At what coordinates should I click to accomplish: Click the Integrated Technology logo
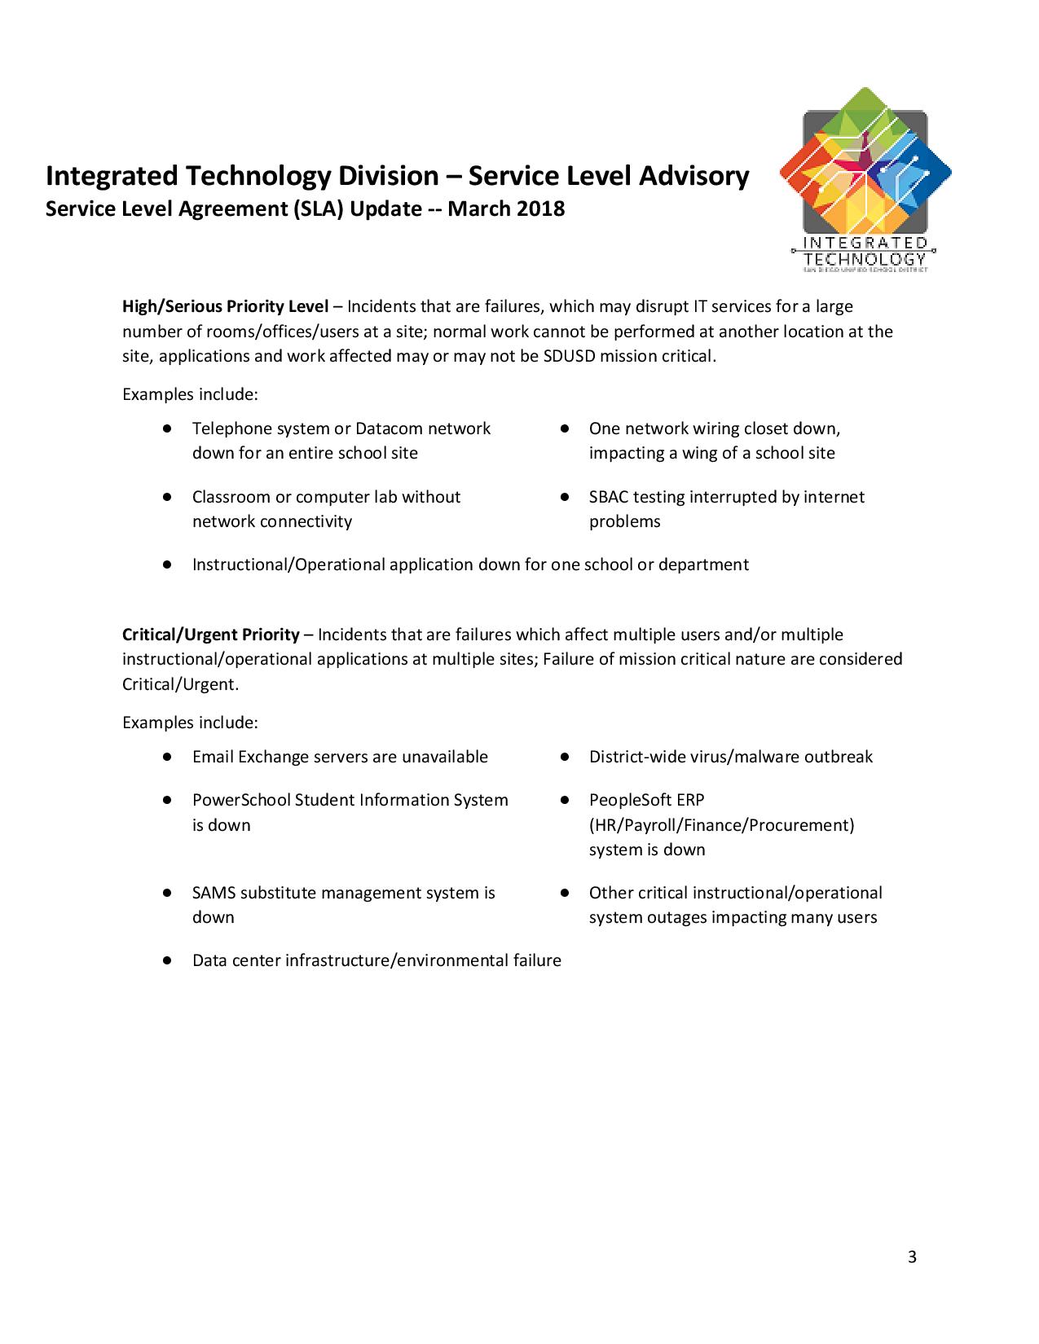[x=865, y=179]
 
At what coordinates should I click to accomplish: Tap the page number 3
[x=912, y=1257]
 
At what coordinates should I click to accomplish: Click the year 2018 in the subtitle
[x=541, y=209]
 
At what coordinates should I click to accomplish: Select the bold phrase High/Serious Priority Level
[x=225, y=307]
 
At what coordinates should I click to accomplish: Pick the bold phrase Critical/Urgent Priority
[x=211, y=635]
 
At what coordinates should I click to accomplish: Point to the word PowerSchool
[x=241, y=801]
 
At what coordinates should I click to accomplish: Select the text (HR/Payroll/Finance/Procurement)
[x=721, y=825]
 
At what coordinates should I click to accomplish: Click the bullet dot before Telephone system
[x=166, y=428]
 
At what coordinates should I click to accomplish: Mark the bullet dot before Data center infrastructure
[x=166, y=960]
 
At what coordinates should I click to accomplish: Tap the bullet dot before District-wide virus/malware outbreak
[x=564, y=757]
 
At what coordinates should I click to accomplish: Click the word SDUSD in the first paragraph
[x=569, y=356]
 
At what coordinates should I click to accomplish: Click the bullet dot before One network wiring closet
[x=564, y=428]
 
